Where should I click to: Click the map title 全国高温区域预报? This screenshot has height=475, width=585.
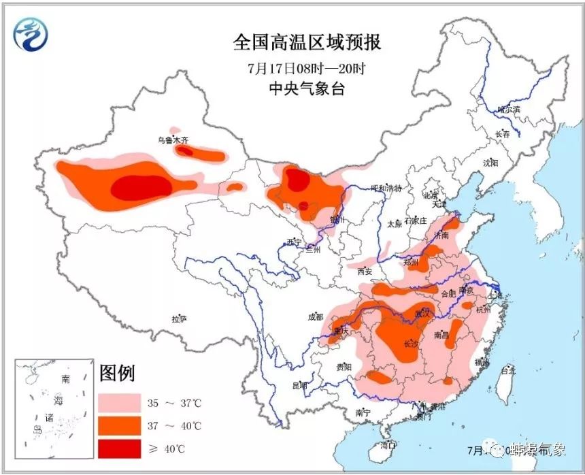[307, 42]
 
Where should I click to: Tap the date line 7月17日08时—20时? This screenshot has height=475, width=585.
[307, 68]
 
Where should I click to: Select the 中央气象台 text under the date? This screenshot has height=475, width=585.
[307, 89]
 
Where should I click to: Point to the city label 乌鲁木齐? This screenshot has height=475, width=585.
[172, 140]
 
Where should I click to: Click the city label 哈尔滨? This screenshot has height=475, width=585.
[507, 109]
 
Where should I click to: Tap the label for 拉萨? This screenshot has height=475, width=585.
[179, 318]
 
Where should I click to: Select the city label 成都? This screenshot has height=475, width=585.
[315, 316]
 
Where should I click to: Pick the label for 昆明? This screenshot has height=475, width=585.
[299, 386]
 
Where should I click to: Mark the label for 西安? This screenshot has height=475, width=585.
[365, 272]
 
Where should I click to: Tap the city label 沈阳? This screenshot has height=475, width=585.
[490, 163]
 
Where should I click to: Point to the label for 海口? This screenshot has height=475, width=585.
[388, 445]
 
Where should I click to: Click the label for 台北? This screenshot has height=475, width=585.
[508, 371]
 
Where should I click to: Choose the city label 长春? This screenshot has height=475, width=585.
[503, 134]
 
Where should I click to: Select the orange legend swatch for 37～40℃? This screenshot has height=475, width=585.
[119, 426]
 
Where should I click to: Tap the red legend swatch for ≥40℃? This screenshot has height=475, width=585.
[119, 448]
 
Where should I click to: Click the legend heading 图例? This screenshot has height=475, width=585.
[117, 374]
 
